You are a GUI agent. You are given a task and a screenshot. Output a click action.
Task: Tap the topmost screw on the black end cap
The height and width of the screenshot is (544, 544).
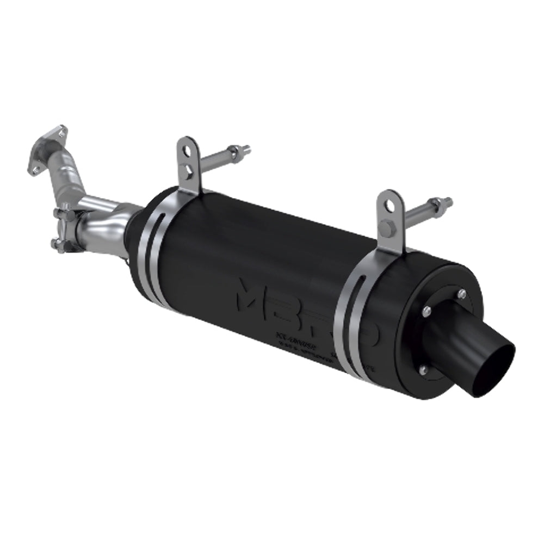pyautogui.click(x=461, y=294)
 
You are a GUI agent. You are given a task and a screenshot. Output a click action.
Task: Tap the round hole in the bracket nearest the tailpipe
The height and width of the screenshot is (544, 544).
pyautogui.click(x=390, y=205)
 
